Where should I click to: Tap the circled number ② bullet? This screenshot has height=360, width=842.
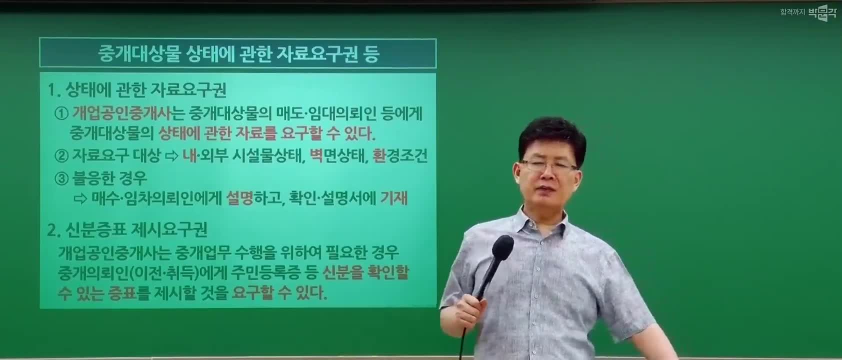(x=61, y=155)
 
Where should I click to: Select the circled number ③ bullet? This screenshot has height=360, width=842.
(x=61, y=178)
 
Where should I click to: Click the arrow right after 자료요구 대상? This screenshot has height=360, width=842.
(x=171, y=156)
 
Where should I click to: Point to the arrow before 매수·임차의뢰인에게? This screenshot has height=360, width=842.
(x=80, y=199)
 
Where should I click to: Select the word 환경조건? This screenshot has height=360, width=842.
(x=400, y=155)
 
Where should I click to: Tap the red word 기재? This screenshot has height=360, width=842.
(x=394, y=198)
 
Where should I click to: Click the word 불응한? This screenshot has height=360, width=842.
(x=93, y=178)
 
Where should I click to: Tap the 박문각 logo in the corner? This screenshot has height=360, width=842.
(x=822, y=12)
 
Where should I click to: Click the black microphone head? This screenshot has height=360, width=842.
(x=502, y=248)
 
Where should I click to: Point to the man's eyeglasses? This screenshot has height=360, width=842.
(x=549, y=165)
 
